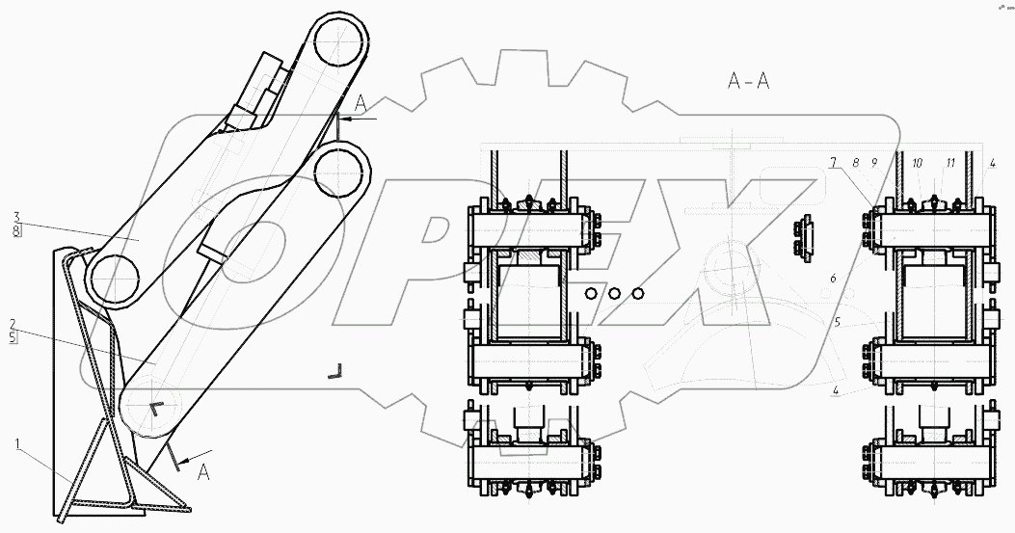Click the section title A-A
[748, 81]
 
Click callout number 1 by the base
[16, 443]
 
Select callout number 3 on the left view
[15, 216]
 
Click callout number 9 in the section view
[874, 162]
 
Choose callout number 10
[917, 162]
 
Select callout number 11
[951, 162]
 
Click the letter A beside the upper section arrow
[360, 101]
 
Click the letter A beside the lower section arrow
[201, 473]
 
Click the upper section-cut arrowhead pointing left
[344, 117]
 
